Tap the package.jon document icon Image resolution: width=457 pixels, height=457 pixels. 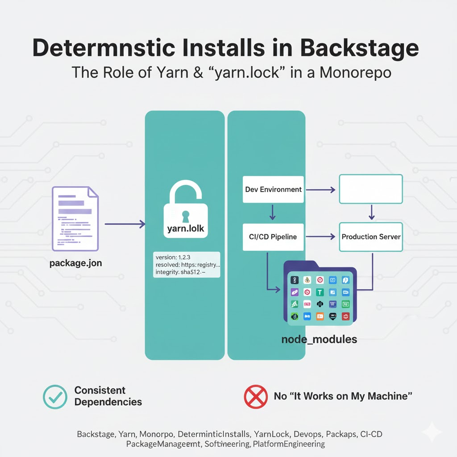(75, 218)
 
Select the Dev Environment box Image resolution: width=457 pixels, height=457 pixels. (273, 190)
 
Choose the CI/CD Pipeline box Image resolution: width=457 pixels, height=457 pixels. (273, 237)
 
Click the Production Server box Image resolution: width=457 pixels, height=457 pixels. (371, 237)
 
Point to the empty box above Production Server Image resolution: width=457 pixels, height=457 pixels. (371, 189)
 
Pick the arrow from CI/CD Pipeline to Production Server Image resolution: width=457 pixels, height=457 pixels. (320, 237)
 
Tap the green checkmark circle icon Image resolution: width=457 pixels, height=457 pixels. (55, 396)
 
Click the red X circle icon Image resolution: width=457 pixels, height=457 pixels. (256, 396)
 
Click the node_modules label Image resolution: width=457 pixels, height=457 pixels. (319, 339)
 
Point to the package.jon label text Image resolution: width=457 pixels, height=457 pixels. (76, 263)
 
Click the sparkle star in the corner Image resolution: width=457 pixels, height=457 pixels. (432, 432)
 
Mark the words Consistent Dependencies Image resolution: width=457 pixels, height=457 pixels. (108, 396)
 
